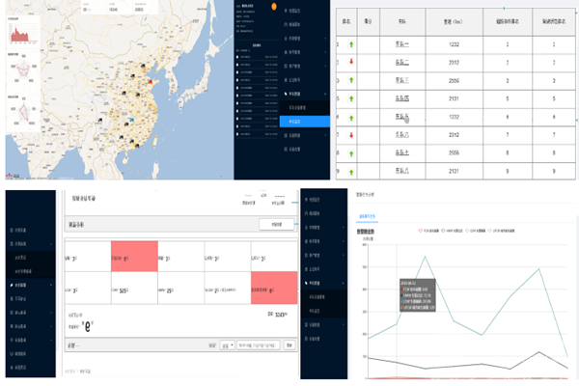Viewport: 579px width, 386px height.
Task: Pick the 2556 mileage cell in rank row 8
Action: (x=458, y=152)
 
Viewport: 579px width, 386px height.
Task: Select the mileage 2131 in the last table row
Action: (x=458, y=172)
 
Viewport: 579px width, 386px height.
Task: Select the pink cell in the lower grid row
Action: (x=272, y=287)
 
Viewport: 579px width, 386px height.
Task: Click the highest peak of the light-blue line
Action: (x=427, y=257)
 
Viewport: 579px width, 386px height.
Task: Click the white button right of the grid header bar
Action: (x=276, y=224)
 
